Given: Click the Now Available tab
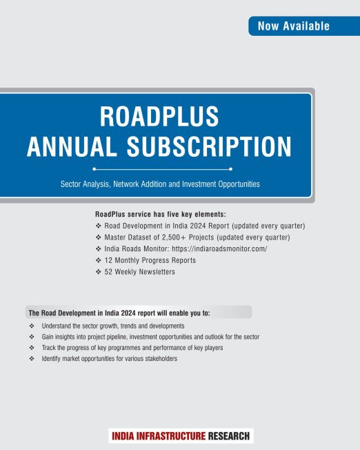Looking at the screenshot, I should pyautogui.click(x=294, y=26).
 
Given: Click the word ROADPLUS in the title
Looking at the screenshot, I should pyautogui.click(x=159, y=117).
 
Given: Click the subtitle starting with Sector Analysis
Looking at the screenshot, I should pyautogui.click(x=159, y=184).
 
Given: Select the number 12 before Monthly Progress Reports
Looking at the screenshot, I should pyautogui.click(x=108, y=260).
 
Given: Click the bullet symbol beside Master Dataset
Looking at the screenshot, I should pyautogui.click(x=99, y=237).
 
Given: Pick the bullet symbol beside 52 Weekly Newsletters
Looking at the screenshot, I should pyautogui.click(x=99, y=272).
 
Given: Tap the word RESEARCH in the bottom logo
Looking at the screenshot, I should pyautogui.click(x=230, y=436).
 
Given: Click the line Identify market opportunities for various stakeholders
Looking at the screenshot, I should pyautogui.click(x=110, y=359).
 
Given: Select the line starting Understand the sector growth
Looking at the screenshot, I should pyautogui.click(x=112, y=325).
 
